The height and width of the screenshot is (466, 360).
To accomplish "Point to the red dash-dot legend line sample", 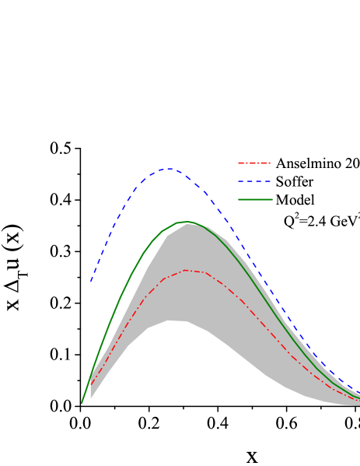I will [x=256, y=164].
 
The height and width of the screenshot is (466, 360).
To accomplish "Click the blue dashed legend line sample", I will [x=256, y=182].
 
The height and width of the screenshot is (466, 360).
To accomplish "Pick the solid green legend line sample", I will [x=256, y=200].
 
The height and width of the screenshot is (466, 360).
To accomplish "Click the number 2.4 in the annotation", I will [x=320, y=221].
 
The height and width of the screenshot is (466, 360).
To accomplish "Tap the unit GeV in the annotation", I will [x=344, y=221].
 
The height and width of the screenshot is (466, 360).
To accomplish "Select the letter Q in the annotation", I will [x=288, y=221].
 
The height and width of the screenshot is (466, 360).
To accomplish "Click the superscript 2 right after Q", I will [x=296, y=216].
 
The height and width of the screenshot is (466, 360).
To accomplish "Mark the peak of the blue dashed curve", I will [x=170, y=168].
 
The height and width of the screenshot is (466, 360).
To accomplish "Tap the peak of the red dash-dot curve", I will [x=187, y=270].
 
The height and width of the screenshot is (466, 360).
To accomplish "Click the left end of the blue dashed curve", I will [x=91, y=282].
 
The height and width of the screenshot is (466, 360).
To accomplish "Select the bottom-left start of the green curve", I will [x=82, y=403].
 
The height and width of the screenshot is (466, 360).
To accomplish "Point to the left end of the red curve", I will [x=91, y=385].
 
